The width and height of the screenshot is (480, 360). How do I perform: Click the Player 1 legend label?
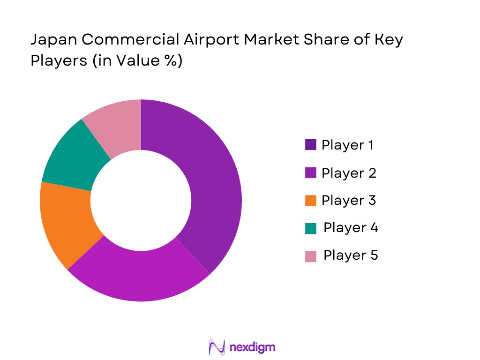347,145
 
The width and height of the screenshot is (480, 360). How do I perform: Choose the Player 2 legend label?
349,173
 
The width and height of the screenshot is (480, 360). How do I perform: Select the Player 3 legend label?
349,201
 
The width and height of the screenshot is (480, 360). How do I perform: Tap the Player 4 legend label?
351,228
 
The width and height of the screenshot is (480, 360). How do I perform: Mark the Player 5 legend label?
351,255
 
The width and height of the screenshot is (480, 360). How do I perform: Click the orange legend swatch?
310,201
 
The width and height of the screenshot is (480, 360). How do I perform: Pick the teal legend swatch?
310,228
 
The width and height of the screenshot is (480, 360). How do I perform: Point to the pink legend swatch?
310,256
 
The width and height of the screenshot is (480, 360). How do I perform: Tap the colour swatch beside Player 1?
310,145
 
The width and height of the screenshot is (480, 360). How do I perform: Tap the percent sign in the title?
171,61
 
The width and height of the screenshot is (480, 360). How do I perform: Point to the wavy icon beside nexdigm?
217,347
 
